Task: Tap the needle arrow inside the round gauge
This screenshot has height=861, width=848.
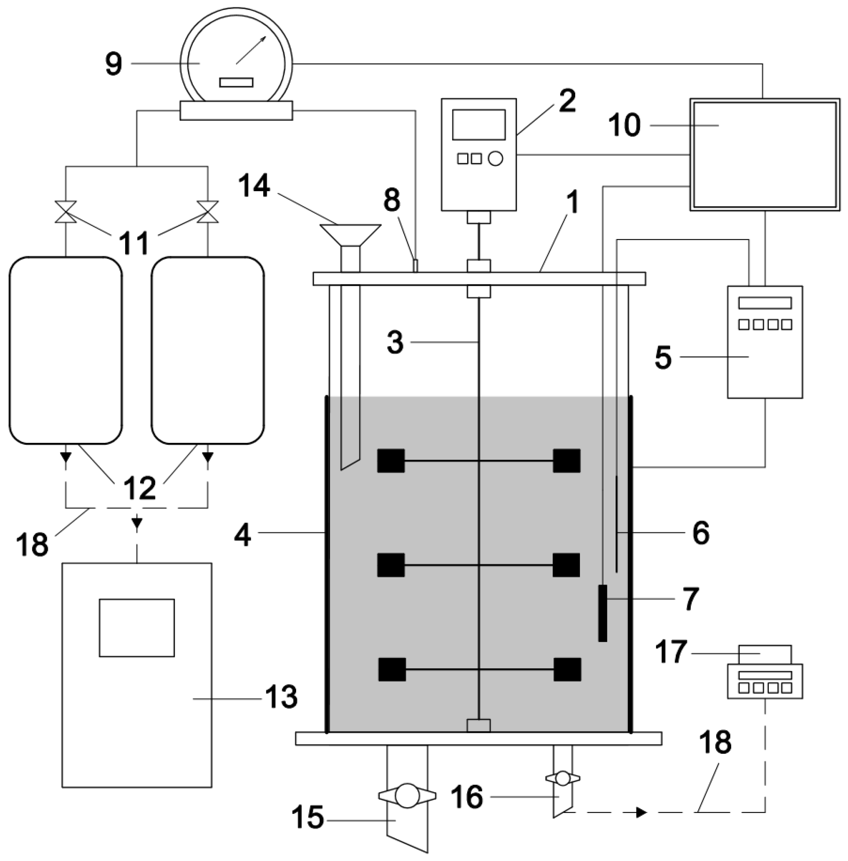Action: [251, 50]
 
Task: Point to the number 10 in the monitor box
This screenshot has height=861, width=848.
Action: [625, 125]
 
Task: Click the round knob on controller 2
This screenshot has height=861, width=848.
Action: [495, 159]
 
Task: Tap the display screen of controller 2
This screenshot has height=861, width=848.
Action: [478, 125]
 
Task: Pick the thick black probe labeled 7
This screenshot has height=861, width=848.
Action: [602, 613]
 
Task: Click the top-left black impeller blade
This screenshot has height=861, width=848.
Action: [391, 460]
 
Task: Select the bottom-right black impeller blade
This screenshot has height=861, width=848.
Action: [567, 669]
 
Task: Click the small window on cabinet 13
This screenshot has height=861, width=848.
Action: [137, 628]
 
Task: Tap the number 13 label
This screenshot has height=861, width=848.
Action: [281, 697]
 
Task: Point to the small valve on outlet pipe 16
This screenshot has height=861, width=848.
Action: [563, 778]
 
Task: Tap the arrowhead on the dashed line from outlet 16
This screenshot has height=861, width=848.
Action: [641, 812]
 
